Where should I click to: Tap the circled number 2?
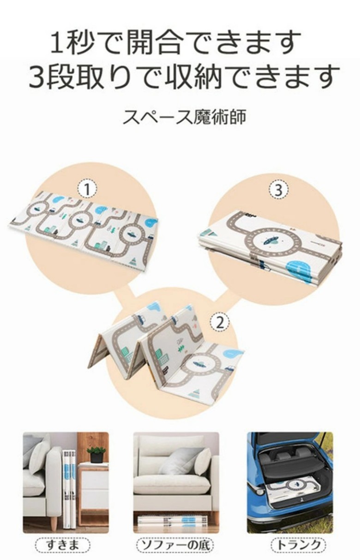[220, 322]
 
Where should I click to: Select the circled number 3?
[278, 191]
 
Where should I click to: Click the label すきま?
[63, 544]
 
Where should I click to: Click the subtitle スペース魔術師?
[184, 117]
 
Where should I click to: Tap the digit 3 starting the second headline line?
[38, 77]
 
